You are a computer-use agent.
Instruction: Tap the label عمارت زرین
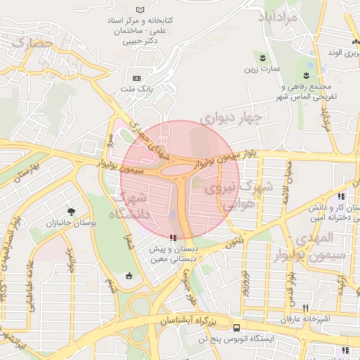[262, 68]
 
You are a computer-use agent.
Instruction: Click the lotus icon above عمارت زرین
[262, 56]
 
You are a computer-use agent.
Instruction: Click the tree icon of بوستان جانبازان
[71, 210]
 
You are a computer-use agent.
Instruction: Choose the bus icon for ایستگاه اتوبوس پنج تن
[236, 327]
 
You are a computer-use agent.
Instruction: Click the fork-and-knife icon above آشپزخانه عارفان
[304, 308]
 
